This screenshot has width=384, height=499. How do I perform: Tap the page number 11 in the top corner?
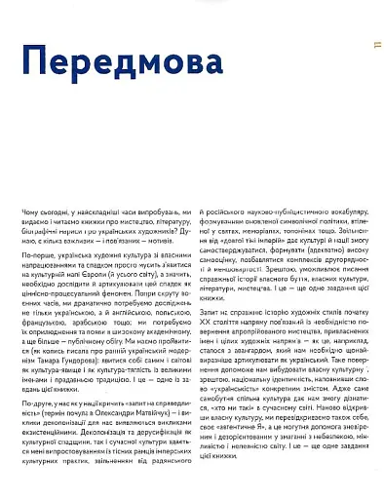(376, 45)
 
